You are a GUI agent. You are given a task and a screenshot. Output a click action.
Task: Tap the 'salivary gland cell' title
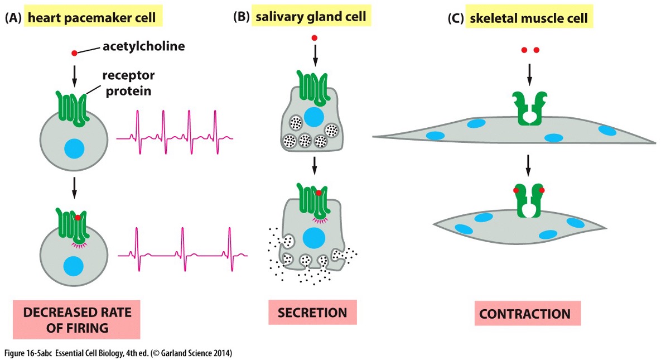tap(311, 17)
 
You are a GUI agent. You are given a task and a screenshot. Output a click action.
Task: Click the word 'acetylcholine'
tap(143, 47)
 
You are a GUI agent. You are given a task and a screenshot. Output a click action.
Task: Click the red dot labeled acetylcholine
tap(74, 53)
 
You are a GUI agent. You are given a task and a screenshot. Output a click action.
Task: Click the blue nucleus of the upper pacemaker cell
tap(74, 149)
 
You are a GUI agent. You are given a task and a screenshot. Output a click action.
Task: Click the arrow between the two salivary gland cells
tap(315, 165)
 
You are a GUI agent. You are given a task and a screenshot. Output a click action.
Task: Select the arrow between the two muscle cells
tap(529, 165)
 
